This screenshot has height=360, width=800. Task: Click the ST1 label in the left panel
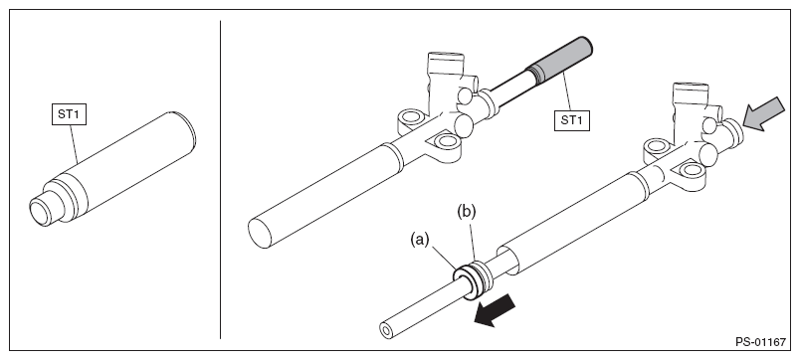point(69,114)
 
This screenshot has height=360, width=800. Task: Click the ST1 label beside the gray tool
point(572,120)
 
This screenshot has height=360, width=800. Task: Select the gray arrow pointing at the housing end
point(763,113)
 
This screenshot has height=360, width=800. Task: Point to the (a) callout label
point(420,240)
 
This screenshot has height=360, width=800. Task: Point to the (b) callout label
point(466,212)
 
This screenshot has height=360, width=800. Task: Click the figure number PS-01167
point(760,342)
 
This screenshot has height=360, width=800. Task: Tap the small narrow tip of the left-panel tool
point(41,212)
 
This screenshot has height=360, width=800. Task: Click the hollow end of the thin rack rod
point(387,331)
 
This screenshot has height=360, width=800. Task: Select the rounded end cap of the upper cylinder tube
point(261,234)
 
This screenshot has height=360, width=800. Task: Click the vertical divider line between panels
point(221,179)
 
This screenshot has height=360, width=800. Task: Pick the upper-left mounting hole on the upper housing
point(411,117)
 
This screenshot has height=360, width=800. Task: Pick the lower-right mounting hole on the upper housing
point(448,141)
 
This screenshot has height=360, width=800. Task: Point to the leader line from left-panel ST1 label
point(74,145)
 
